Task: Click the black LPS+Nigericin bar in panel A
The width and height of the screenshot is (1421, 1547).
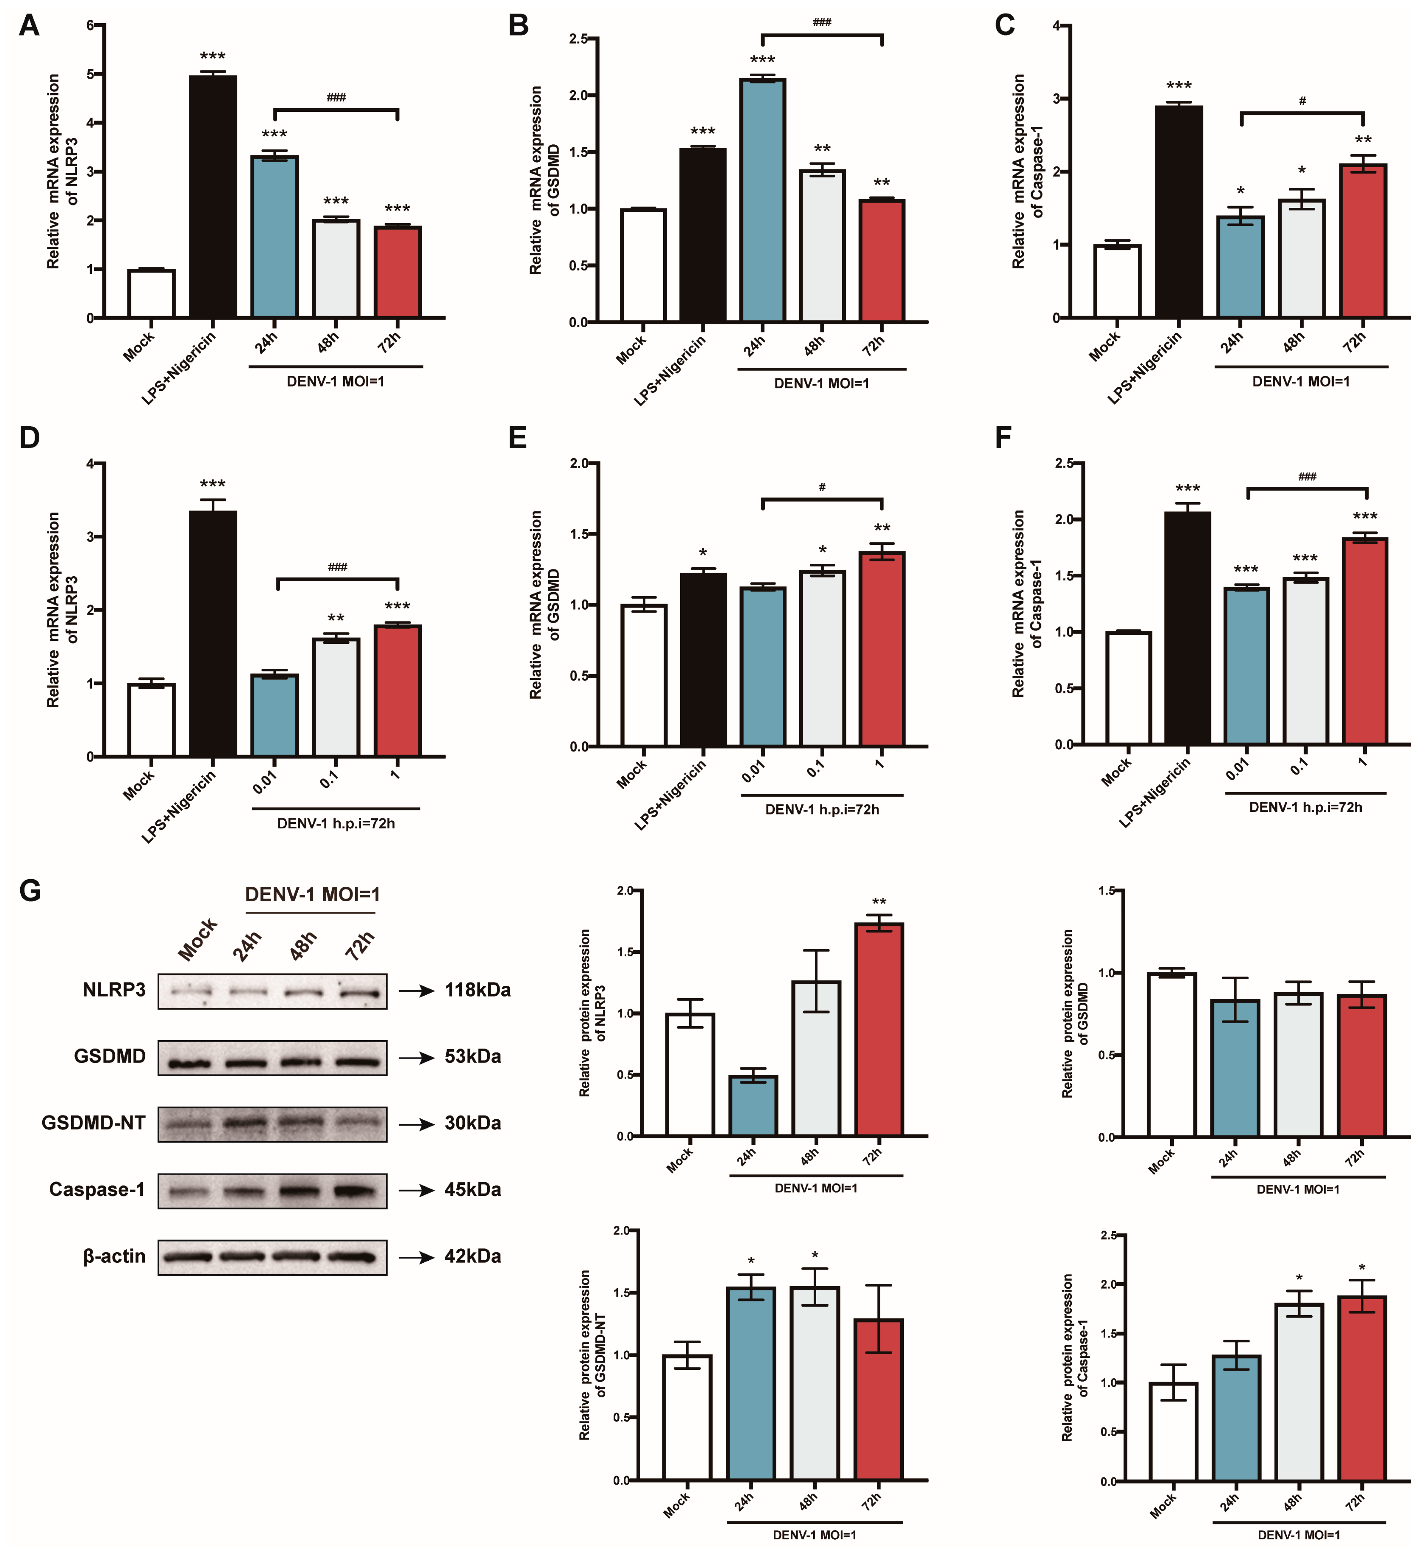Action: [213, 196]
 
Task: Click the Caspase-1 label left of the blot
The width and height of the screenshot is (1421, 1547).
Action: [97, 1190]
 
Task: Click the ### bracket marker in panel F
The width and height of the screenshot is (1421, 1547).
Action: [1307, 478]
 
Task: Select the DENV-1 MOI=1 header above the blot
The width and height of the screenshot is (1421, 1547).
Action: [312, 894]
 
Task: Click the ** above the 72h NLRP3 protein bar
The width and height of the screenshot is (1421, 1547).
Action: [879, 902]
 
